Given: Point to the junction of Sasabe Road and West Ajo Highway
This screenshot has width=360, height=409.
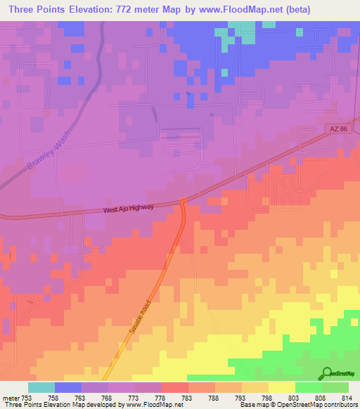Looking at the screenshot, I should click(x=182, y=201).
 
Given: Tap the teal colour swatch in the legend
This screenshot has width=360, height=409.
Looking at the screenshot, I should click(x=41, y=387).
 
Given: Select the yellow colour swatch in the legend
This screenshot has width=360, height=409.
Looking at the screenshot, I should click(x=282, y=387).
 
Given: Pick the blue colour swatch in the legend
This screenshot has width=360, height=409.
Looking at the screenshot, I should click(x=68, y=387).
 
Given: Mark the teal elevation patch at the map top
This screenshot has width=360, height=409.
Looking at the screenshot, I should click(x=242, y=32).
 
